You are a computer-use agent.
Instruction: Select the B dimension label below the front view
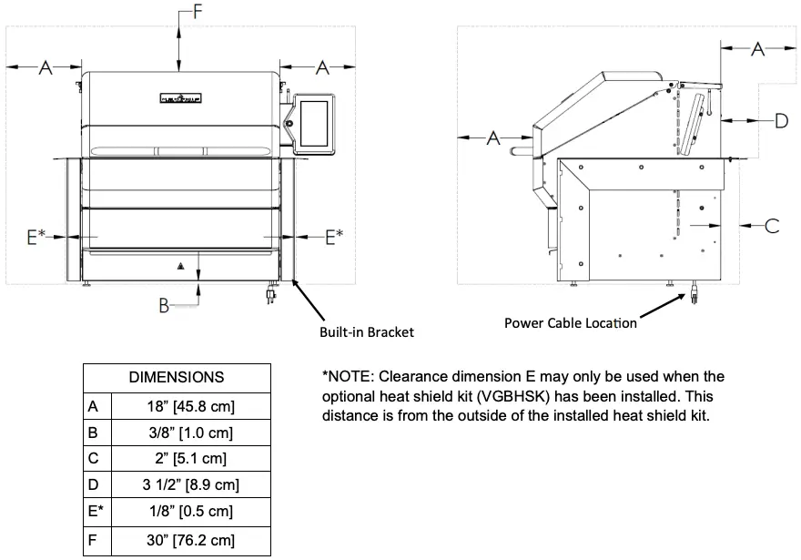tap(164, 306)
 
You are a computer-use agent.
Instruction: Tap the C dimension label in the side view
tap(772, 226)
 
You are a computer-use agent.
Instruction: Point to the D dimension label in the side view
tap(780, 119)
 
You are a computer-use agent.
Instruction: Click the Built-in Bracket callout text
tap(366, 332)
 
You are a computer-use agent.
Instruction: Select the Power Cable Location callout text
tap(571, 322)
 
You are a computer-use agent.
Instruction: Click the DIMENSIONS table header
tap(177, 377)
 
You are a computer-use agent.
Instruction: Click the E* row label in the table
tap(96, 512)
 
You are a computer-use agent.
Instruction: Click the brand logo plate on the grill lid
tap(180, 97)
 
